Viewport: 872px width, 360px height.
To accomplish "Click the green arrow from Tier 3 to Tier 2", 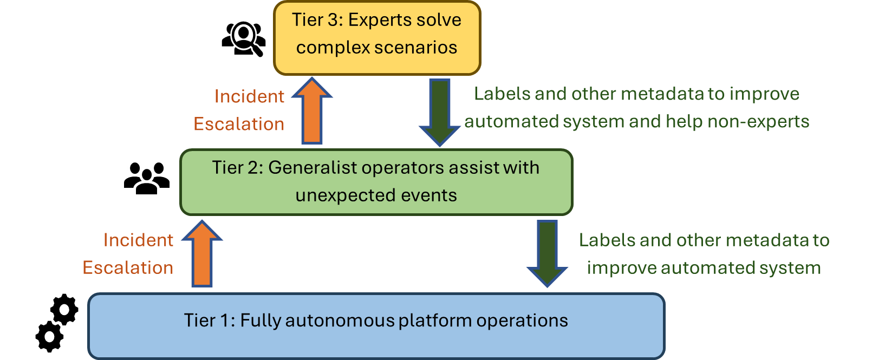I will (x=440, y=111).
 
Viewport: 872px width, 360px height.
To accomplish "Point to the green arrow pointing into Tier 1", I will (x=547, y=252).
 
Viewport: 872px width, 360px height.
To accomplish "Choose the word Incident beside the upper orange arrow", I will (x=249, y=96).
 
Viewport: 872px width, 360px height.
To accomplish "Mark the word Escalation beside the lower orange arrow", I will (x=128, y=268).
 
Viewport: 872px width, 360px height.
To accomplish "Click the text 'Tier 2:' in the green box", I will (x=237, y=168).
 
